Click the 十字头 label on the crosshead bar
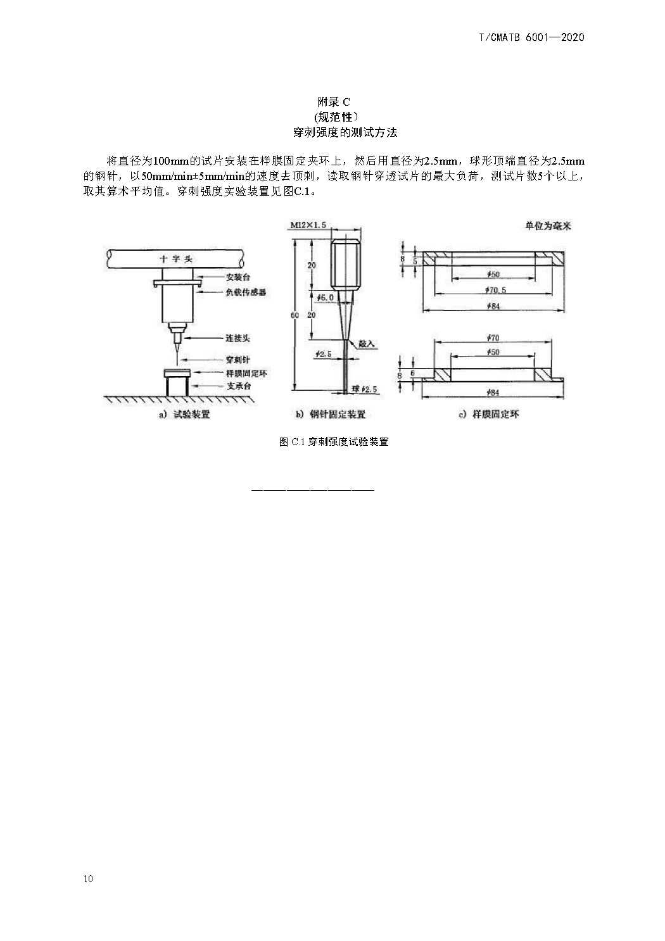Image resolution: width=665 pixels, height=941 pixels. click(176, 259)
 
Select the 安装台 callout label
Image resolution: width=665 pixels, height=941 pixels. click(237, 277)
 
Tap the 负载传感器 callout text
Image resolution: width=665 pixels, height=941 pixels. click(246, 292)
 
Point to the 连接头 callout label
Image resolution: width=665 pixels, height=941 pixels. click(237, 338)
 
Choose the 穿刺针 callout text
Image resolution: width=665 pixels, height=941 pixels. click(237, 360)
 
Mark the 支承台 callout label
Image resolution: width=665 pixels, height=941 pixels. click(239, 386)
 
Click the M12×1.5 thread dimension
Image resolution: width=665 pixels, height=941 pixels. click(308, 225)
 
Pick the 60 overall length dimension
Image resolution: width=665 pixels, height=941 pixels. click(294, 315)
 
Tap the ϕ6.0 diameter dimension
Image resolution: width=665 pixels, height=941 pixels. click(325, 298)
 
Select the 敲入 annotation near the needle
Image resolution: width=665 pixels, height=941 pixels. click(366, 344)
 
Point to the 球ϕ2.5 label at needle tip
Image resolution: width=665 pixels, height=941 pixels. click(364, 389)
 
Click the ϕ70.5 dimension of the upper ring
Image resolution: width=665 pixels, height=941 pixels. click(495, 290)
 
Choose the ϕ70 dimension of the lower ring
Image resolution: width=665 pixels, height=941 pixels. click(493, 338)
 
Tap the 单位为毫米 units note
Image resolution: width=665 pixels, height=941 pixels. click(548, 226)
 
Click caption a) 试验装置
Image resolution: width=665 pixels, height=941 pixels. click(184, 414)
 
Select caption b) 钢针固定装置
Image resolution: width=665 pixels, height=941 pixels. click(330, 414)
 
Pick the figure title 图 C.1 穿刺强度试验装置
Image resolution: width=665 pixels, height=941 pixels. click(334, 442)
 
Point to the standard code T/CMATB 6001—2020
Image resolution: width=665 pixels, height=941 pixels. click(531, 37)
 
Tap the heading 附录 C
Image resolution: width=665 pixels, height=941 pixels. click(333, 102)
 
